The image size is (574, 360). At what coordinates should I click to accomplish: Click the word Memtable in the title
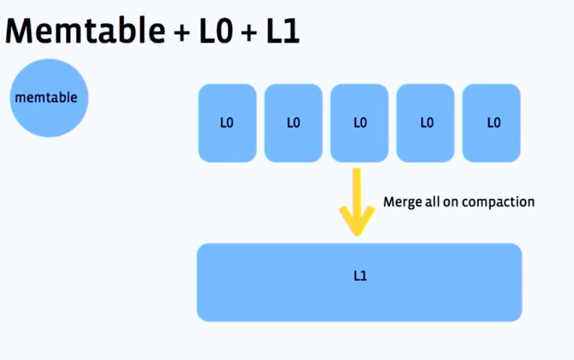click(84, 30)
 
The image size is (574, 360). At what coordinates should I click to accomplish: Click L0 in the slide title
click(213, 30)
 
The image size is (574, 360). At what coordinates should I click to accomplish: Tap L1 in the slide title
click(282, 30)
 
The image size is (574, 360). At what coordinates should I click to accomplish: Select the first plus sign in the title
click(178, 32)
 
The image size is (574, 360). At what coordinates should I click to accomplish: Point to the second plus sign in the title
click(247, 32)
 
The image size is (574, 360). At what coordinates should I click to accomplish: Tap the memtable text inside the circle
click(45, 98)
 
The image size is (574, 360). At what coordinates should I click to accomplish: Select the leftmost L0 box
click(227, 122)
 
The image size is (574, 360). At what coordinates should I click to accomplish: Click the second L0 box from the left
click(293, 122)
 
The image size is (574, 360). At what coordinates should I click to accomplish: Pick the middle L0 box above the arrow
click(359, 122)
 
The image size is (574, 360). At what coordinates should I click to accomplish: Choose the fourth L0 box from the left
click(425, 122)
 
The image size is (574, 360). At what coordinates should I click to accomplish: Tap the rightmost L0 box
click(491, 122)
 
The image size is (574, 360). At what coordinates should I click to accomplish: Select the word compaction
click(504, 202)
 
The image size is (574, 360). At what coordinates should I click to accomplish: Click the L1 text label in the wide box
click(360, 275)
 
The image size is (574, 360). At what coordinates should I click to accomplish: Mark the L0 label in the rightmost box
click(493, 123)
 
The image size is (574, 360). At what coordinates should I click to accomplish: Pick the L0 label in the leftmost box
click(227, 123)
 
